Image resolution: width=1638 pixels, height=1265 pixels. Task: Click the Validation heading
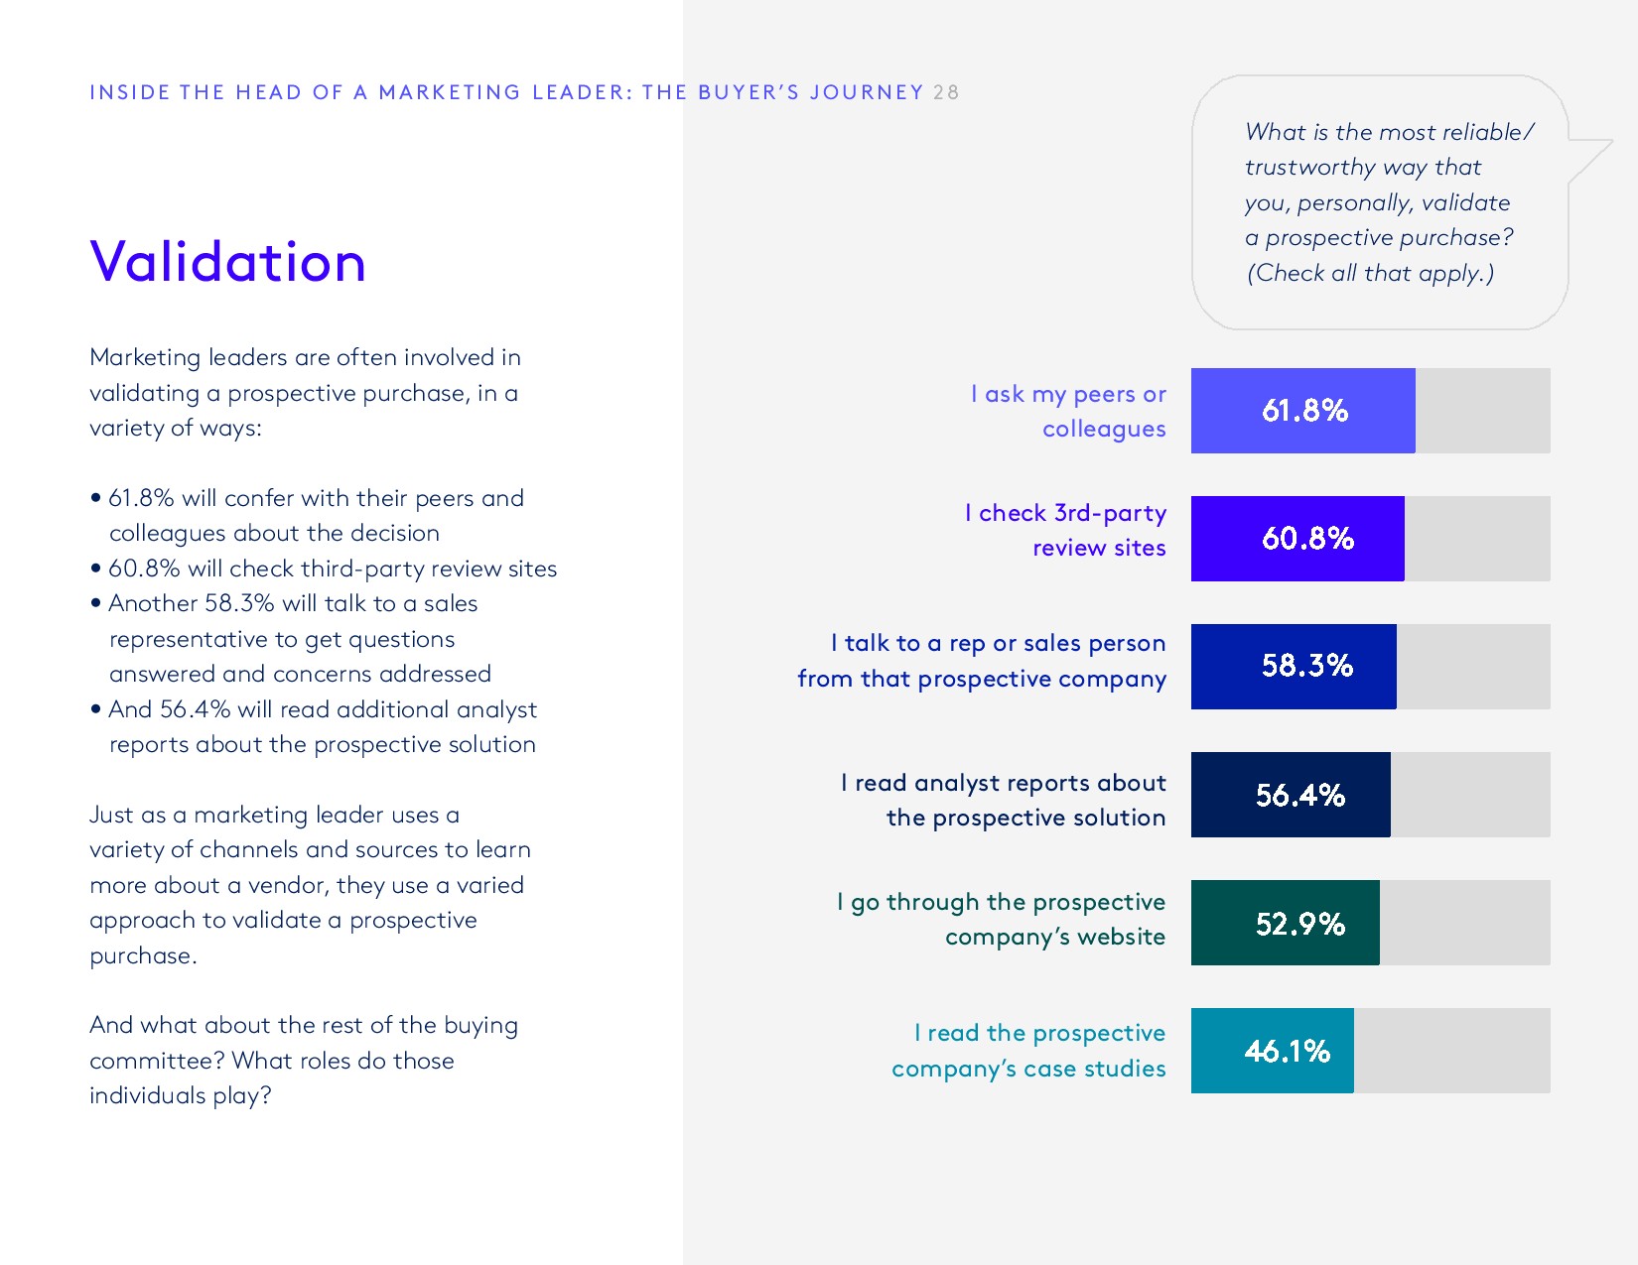227,262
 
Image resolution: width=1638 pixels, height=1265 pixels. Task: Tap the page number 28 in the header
946,92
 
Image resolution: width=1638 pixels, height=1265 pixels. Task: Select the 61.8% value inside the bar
1304,411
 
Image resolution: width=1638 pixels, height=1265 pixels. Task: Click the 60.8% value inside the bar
1307,539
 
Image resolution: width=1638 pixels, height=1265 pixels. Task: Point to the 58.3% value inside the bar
1306,666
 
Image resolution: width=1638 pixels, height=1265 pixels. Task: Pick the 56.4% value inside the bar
1299,795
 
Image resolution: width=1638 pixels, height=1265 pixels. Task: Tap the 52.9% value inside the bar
1299,924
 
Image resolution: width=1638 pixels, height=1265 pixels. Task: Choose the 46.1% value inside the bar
1287,1051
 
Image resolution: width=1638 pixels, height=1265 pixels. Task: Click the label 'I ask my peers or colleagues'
1069,412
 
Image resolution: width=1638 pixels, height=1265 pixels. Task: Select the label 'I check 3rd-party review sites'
1066,530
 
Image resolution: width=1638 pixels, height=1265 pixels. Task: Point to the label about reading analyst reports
1004,800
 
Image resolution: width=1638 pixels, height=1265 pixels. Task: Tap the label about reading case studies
1029,1051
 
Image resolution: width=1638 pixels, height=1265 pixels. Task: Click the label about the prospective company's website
1002,919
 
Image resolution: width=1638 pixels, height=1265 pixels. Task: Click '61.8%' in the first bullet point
141,498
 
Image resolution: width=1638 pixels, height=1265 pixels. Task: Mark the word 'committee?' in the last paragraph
157,1061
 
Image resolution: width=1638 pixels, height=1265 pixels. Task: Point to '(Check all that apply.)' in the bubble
1370,274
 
